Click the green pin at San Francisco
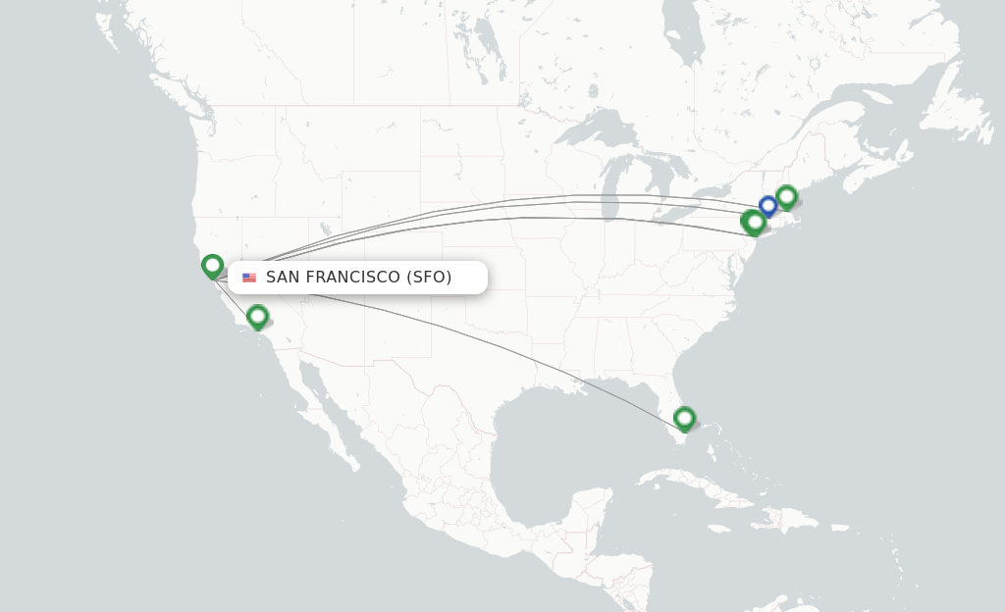pyautogui.click(x=212, y=265)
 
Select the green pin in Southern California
pyautogui.click(x=257, y=316)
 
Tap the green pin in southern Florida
pyautogui.click(x=684, y=419)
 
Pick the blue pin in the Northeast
pyautogui.click(x=767, y=206)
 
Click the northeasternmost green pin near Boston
pyautogui.click(x=786, y=197)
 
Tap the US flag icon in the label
pyautogui.click(x=249, y=278)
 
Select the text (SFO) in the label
pyautogui.click(x=429, y=278)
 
